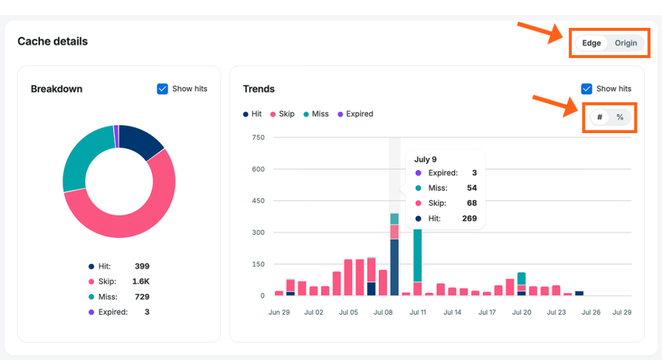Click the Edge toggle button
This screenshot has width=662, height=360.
pos(591,43)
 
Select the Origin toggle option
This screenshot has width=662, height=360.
pos(626,43)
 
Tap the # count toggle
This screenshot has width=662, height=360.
pos(599,117)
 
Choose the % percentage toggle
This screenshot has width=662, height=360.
pos(620,117)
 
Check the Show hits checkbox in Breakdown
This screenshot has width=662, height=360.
pos(162,89)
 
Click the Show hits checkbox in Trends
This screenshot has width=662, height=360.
pos(586,89)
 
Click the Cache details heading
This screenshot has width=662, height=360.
pos(53,41)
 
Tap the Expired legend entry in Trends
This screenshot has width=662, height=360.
pos(356,114)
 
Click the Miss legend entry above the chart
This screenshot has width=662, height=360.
pos(315,114)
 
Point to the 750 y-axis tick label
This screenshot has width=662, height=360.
pos(258,138)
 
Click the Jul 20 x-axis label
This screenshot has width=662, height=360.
pos(522,312)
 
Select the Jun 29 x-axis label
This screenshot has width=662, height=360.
pos(279,312)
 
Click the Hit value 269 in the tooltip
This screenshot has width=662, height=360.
pos(469,218)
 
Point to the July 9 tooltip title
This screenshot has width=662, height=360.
pos(425,160)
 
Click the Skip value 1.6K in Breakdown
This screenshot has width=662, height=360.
pos(140,282)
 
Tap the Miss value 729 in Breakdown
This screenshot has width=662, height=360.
pos(142,297)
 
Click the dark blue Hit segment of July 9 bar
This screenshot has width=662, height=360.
pos(394,267)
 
